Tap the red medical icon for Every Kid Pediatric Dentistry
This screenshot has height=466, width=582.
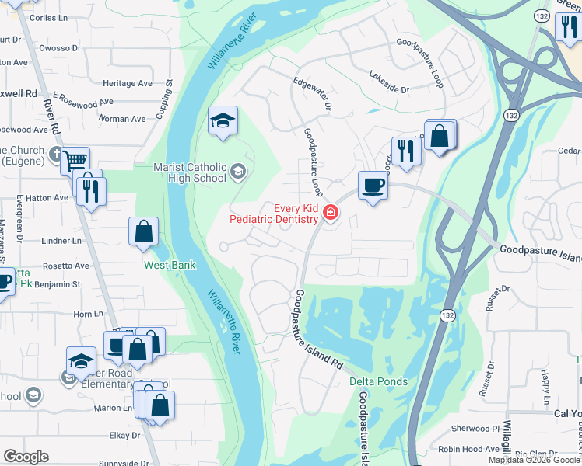[331, 212]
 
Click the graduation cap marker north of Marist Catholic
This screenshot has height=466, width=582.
[223, 121]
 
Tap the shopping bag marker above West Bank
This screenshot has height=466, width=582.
[144, 231]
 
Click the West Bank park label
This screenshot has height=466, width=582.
[169, 265]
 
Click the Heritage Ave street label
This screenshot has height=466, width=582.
[128, 83]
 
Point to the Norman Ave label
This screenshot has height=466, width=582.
[122, 119]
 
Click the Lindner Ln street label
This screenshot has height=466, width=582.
[67, 241]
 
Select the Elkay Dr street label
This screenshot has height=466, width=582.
[124, 436]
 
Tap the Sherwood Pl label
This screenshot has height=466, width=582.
[475, 428]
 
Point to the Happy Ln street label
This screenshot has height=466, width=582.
[545, 386]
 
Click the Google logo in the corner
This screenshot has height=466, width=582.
[26, 457]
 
